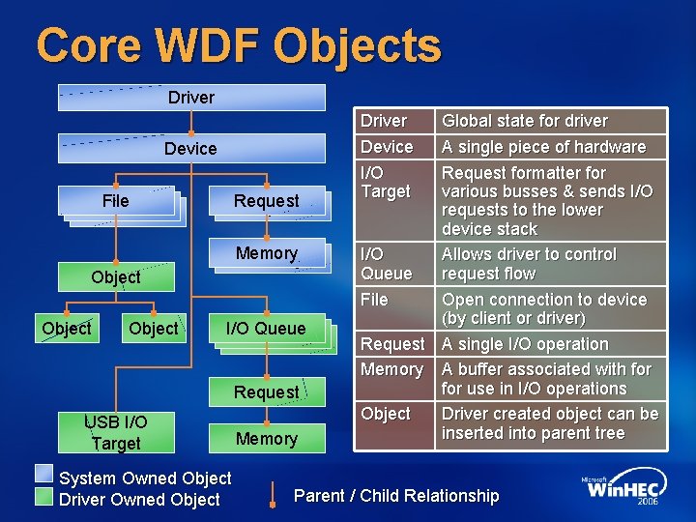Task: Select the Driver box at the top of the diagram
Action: click(191, 98)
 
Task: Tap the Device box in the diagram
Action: click(191, 148)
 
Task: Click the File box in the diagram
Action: click(116, 201)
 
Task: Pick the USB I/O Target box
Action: click(116, 432)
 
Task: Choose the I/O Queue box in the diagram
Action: click(265, 329)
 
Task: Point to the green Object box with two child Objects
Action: click(116, 276)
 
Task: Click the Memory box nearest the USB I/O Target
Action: click(266, 439)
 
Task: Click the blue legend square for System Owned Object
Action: click(44, 474)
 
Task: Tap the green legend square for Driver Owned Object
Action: click(44, 496)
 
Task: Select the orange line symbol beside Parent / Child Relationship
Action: click(275, 496)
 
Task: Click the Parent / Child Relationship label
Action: click(396, 496)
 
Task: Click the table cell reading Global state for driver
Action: click(525, 121)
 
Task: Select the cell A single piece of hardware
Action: click(543, 147)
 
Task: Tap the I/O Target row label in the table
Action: click(386, 182)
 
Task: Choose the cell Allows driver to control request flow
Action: click(529, 264)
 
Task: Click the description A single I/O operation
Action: click(525, 344)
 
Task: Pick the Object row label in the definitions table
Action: click(386, 414)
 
